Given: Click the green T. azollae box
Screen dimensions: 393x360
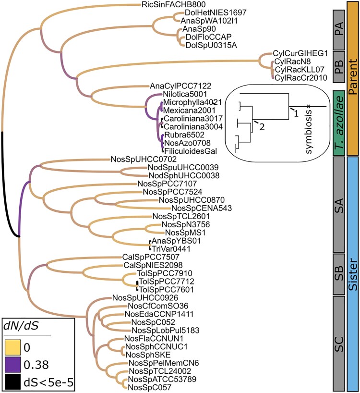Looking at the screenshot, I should pos(338,122).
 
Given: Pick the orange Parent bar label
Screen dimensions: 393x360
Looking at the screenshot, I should pos(352,77).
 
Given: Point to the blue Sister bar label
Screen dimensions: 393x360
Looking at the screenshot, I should pos(352,271).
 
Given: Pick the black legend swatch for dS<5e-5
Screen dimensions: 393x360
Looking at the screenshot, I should pos(14,378).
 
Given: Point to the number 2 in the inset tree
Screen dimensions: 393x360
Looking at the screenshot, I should pos(262,127).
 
